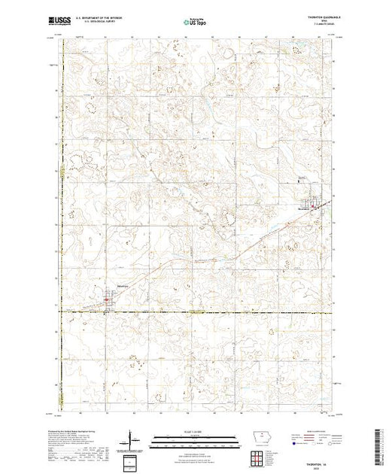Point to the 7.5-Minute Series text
point(320,26)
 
